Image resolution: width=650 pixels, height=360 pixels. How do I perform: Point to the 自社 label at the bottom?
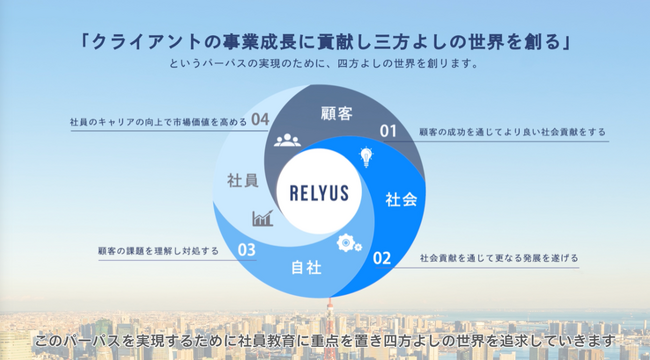pos(305,268)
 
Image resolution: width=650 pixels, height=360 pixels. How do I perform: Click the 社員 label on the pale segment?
pos(243,181)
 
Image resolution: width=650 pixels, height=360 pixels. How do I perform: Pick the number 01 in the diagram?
pos(389,130)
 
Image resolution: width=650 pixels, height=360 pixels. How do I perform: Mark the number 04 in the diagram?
pos(262,119)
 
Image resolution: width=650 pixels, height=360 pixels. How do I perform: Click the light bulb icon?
pos(366,157)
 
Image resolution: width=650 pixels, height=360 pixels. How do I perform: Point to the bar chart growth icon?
pos(264,217)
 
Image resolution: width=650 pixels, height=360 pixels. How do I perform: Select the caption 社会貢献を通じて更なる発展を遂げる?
pos(499,258)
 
